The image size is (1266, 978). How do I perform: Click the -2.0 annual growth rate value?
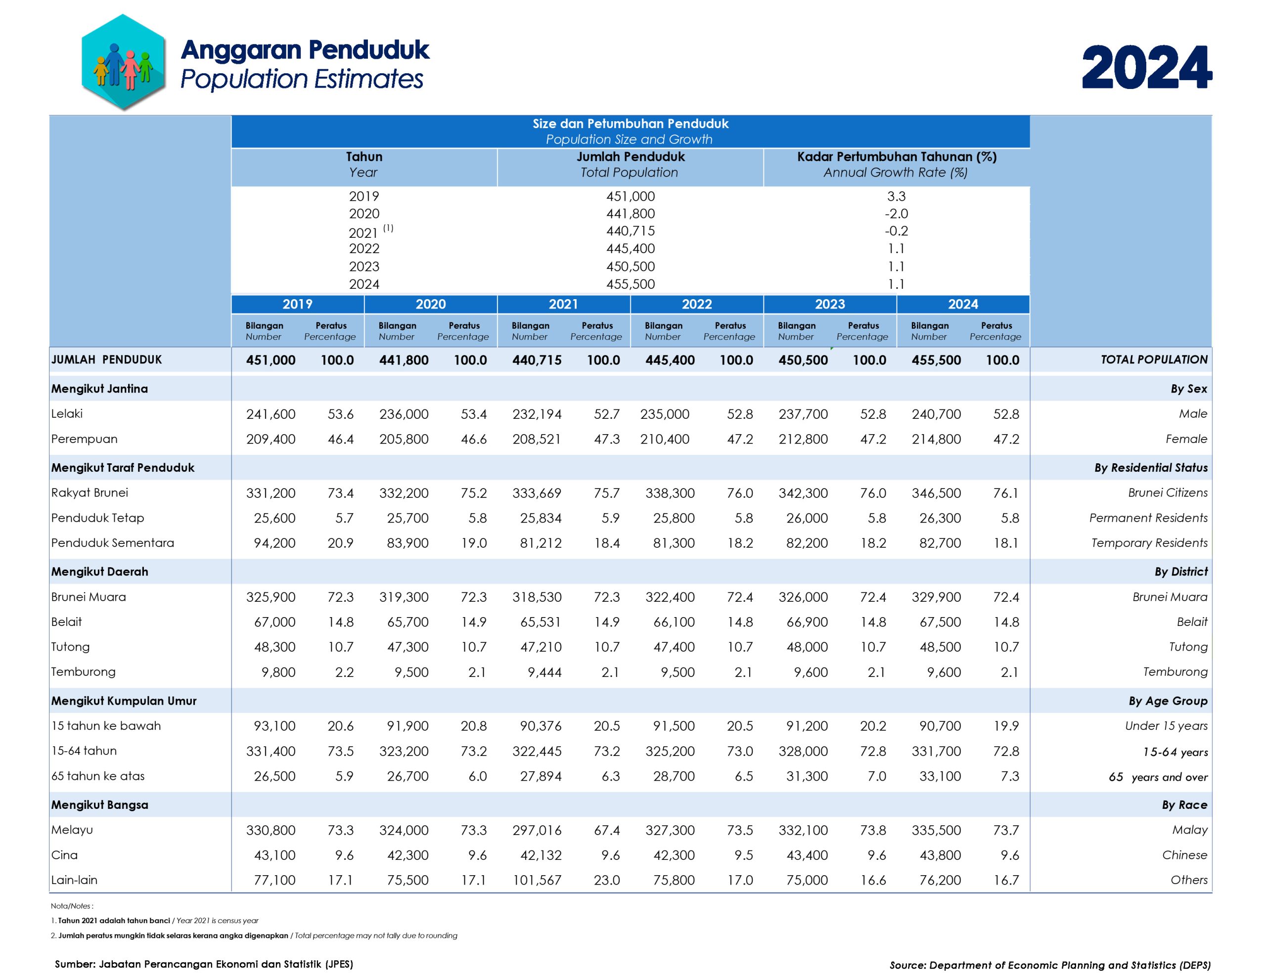[x=896, y=214]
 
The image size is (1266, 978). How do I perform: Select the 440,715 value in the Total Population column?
[x=630, y=231]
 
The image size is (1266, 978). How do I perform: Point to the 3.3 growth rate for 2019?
[x=896, y=196]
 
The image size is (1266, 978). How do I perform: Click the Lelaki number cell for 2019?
[x=271, y=414]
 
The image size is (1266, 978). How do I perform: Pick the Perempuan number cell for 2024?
[x=936, y=440]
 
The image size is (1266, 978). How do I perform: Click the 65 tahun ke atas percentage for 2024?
[x=1009, y=776]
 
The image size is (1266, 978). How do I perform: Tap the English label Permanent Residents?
[x=1148, y=518]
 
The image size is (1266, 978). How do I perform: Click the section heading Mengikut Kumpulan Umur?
[x=124, y=701]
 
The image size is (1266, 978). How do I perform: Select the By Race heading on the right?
[x=1184, y=804]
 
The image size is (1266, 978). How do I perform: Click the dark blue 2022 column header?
[x=696, y=305]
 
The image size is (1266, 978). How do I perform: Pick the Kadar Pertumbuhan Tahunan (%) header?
[x=896, y=157]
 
